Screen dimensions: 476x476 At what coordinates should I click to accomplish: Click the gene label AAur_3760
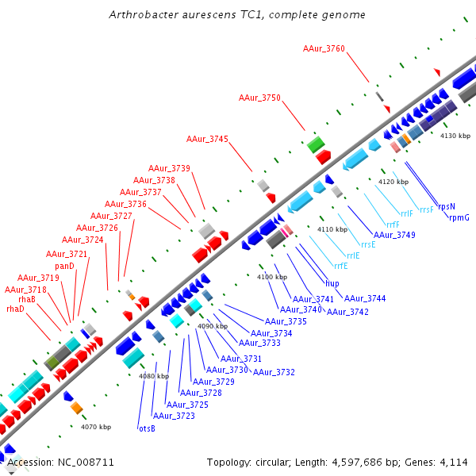click(x=324, y=49)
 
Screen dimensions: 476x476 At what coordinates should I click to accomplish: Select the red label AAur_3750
click(x=259, y=98)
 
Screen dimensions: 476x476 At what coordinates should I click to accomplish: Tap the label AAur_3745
click(x=207, y=140)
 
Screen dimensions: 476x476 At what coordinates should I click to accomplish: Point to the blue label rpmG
click(x=459, y=217)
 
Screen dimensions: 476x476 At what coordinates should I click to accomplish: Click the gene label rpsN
click(x=447, y=206)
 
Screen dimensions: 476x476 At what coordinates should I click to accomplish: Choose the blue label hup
click(x=332, y=283)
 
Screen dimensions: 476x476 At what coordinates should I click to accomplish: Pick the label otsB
click(x=147, y=428)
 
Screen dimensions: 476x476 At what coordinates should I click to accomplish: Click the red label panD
click(x=65, y=266)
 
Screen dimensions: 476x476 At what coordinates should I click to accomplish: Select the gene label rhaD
click(x=15, y=309)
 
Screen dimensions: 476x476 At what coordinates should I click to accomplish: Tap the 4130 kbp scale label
click(x=455, y=136)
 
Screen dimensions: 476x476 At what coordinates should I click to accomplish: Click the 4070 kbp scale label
click(x=95, y=427)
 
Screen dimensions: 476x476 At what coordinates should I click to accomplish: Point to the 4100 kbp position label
click(x=271, y=277)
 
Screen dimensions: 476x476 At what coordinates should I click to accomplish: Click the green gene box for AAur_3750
click(x=316, y=144)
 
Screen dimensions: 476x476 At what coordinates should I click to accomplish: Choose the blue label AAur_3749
click(x=394, y=235)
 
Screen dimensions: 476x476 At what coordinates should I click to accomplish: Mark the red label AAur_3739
click(x=169, y=168)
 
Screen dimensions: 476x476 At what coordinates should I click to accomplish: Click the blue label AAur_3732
click(x=274, y=372)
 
